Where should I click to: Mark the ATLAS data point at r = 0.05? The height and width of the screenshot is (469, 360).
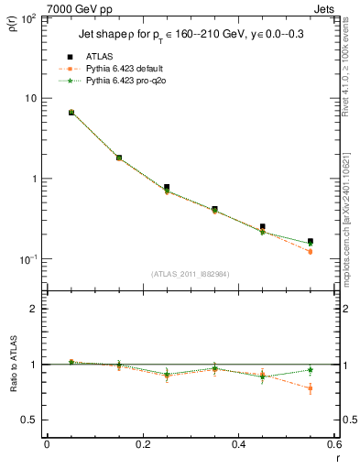click(x=71, y=113)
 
